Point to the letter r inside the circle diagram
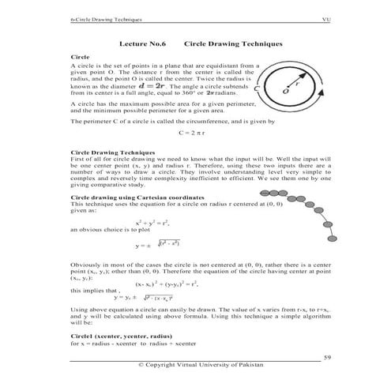(x=298, y=81)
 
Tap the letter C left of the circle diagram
(x=258, y=97)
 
